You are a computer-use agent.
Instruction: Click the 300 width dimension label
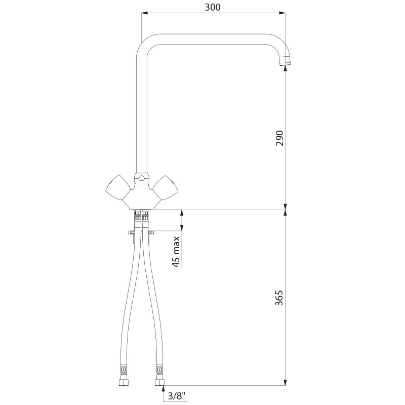(x=213, y=7)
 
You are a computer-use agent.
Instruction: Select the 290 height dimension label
(x=279, y=138)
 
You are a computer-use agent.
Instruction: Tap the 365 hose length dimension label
(x=279, y=298)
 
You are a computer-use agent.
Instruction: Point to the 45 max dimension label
(x=176, y=252)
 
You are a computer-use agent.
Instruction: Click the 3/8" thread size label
(x=177, y=396)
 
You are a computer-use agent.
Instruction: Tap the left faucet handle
(x=118, y=188)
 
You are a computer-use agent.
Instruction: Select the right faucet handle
(x=166, y=188)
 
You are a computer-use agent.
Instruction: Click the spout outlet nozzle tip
(x=285, y=61)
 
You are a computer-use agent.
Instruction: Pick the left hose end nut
(x=123, y=383)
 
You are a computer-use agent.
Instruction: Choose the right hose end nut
(x=159, y=383)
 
